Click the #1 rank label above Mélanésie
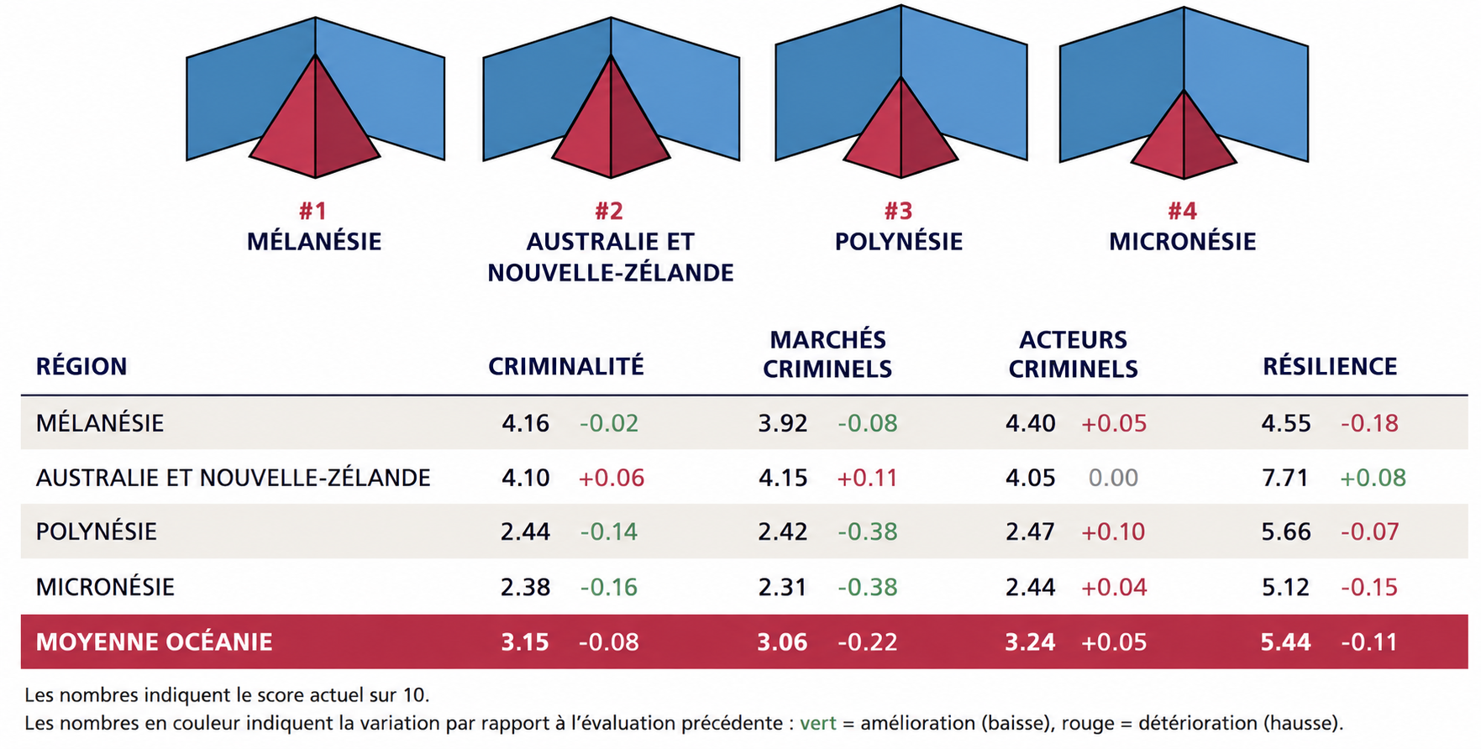(313, 211)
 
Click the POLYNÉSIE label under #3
(899, 242)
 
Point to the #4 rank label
(1182, 211)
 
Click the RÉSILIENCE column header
(1330, 366)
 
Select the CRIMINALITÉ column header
(566, 366)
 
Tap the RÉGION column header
(81, 366)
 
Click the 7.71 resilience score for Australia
(1285, 478)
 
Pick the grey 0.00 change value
(1113, 478)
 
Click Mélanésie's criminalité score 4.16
(526, 423)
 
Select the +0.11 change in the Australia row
(867, 478)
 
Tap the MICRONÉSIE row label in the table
(105, 587)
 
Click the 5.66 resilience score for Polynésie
(1286, 532)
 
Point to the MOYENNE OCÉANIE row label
(154, 642)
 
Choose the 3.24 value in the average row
(1030, 642)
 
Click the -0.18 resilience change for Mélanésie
(1369, 423)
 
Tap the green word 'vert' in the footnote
(818, 723)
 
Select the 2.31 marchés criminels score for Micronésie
(782, 587)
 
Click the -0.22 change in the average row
(868, 642)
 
